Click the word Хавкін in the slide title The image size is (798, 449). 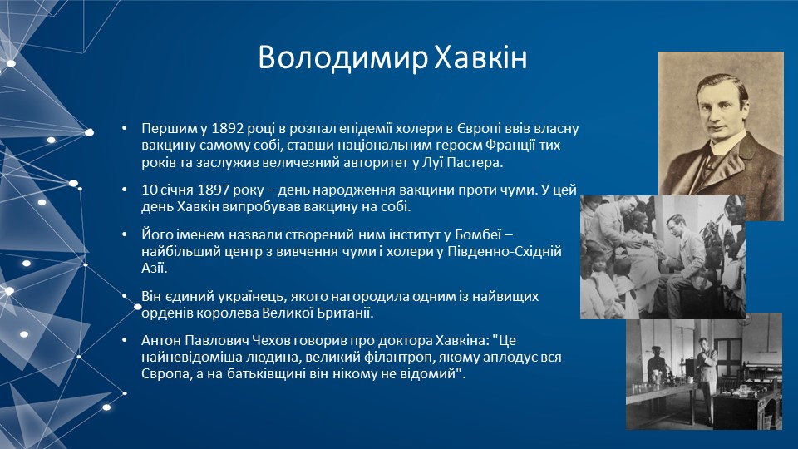pos(480,57)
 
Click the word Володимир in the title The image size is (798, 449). pos(343,57)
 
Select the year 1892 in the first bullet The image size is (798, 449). pos(228,128)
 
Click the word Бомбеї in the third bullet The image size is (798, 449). pos(479,234)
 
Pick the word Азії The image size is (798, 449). pos(155,268)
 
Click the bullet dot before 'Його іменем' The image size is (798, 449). pos(125,234)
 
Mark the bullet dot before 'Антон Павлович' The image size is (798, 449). pos(125,341)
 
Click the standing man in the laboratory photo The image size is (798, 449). pos(705,377)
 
